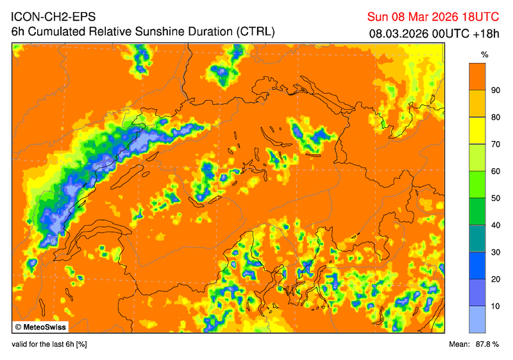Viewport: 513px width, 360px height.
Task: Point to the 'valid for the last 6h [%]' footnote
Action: pyautogui.click(x=49, y=345)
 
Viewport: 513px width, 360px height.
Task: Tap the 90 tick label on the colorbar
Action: pyautogui.click(x=495, y=90)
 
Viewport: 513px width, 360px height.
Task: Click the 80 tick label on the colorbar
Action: pyautogui.click(x=495, y=117)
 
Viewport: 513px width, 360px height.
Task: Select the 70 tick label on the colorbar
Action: pyautogui.click(x=495, y=144)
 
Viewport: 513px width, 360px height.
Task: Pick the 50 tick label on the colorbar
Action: pyautogui.click(x=495, y=198)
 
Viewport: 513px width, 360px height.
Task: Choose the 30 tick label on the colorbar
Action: pyautogui.click(x=495, y=252)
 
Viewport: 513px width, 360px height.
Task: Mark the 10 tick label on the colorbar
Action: pyautogui.click(x=495, y=306)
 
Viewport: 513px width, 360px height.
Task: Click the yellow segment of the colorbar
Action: pyautogui.click(x=476, y=131)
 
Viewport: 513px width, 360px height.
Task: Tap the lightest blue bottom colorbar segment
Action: pyautogui.click(x=476, y=319)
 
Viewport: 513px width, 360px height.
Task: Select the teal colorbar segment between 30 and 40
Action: pyautogui.click(x=476, y=239)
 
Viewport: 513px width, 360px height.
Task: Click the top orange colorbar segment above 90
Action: pyautogui.click(x=476, y=76)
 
